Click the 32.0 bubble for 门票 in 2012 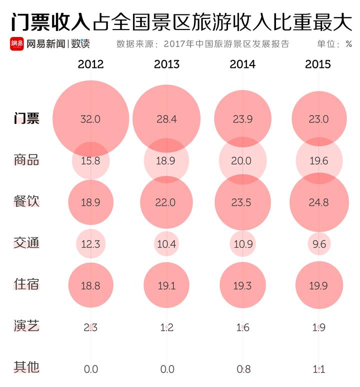pyautogui.click(x=90, y=119)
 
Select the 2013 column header pyautogui.click(x=166, y=64)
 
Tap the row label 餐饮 pyautogui.click(x=26, y=201)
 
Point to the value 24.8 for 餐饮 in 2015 pyautogui.click(x=318, y=202)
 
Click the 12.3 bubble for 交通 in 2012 pyautogui.click(x=90, y=243)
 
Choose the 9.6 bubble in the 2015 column pyautogui.click(x=318, y=243)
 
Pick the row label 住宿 pyautogui.click(x=26, y=284)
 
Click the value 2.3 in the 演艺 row pyautogui.click(x=90, y=327)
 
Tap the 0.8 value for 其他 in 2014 pyautogui.click(x=242, y=369)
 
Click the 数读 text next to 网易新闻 pyautogui.click(x=80, y=43)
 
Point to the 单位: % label pyautogui.click(x=334, y=44)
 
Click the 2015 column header pyautogui.click(x=318, y=64)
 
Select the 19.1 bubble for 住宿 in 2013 pyautogui.click(x=166, y=285)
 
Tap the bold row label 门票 pyautogui.click(x=26, y=119)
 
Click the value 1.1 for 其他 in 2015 pyautogui.click(x=318, y=369)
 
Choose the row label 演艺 pyautogui.click(x=26, y=327)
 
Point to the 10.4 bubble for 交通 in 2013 pyautogui.click(x=166, y=243)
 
